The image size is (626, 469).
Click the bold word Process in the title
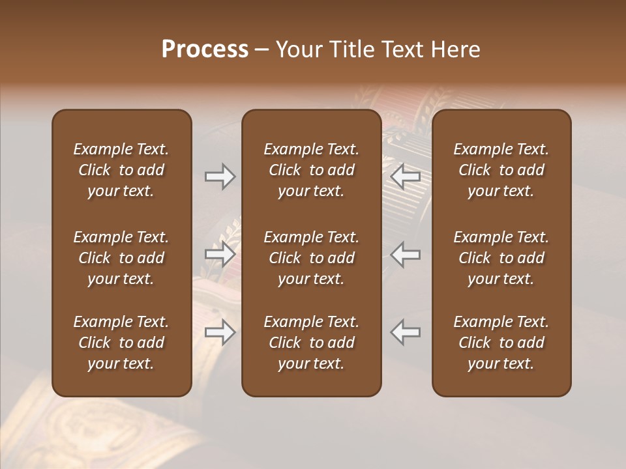205,50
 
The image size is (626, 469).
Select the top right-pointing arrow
220,177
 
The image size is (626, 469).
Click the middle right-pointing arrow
220,254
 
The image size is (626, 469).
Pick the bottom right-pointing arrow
220,332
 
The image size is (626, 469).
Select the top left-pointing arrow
406,177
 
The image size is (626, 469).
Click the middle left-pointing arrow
406,254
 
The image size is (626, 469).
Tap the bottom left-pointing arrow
406,332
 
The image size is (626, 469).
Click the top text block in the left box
121,170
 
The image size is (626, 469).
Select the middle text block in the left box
121,258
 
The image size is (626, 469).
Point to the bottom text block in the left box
121,343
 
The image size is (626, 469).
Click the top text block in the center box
311,170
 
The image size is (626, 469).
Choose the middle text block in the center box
311,258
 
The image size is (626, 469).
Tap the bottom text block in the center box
311,343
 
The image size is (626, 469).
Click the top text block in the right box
501,170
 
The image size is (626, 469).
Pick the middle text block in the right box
501,258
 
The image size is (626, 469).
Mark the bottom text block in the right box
501,343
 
